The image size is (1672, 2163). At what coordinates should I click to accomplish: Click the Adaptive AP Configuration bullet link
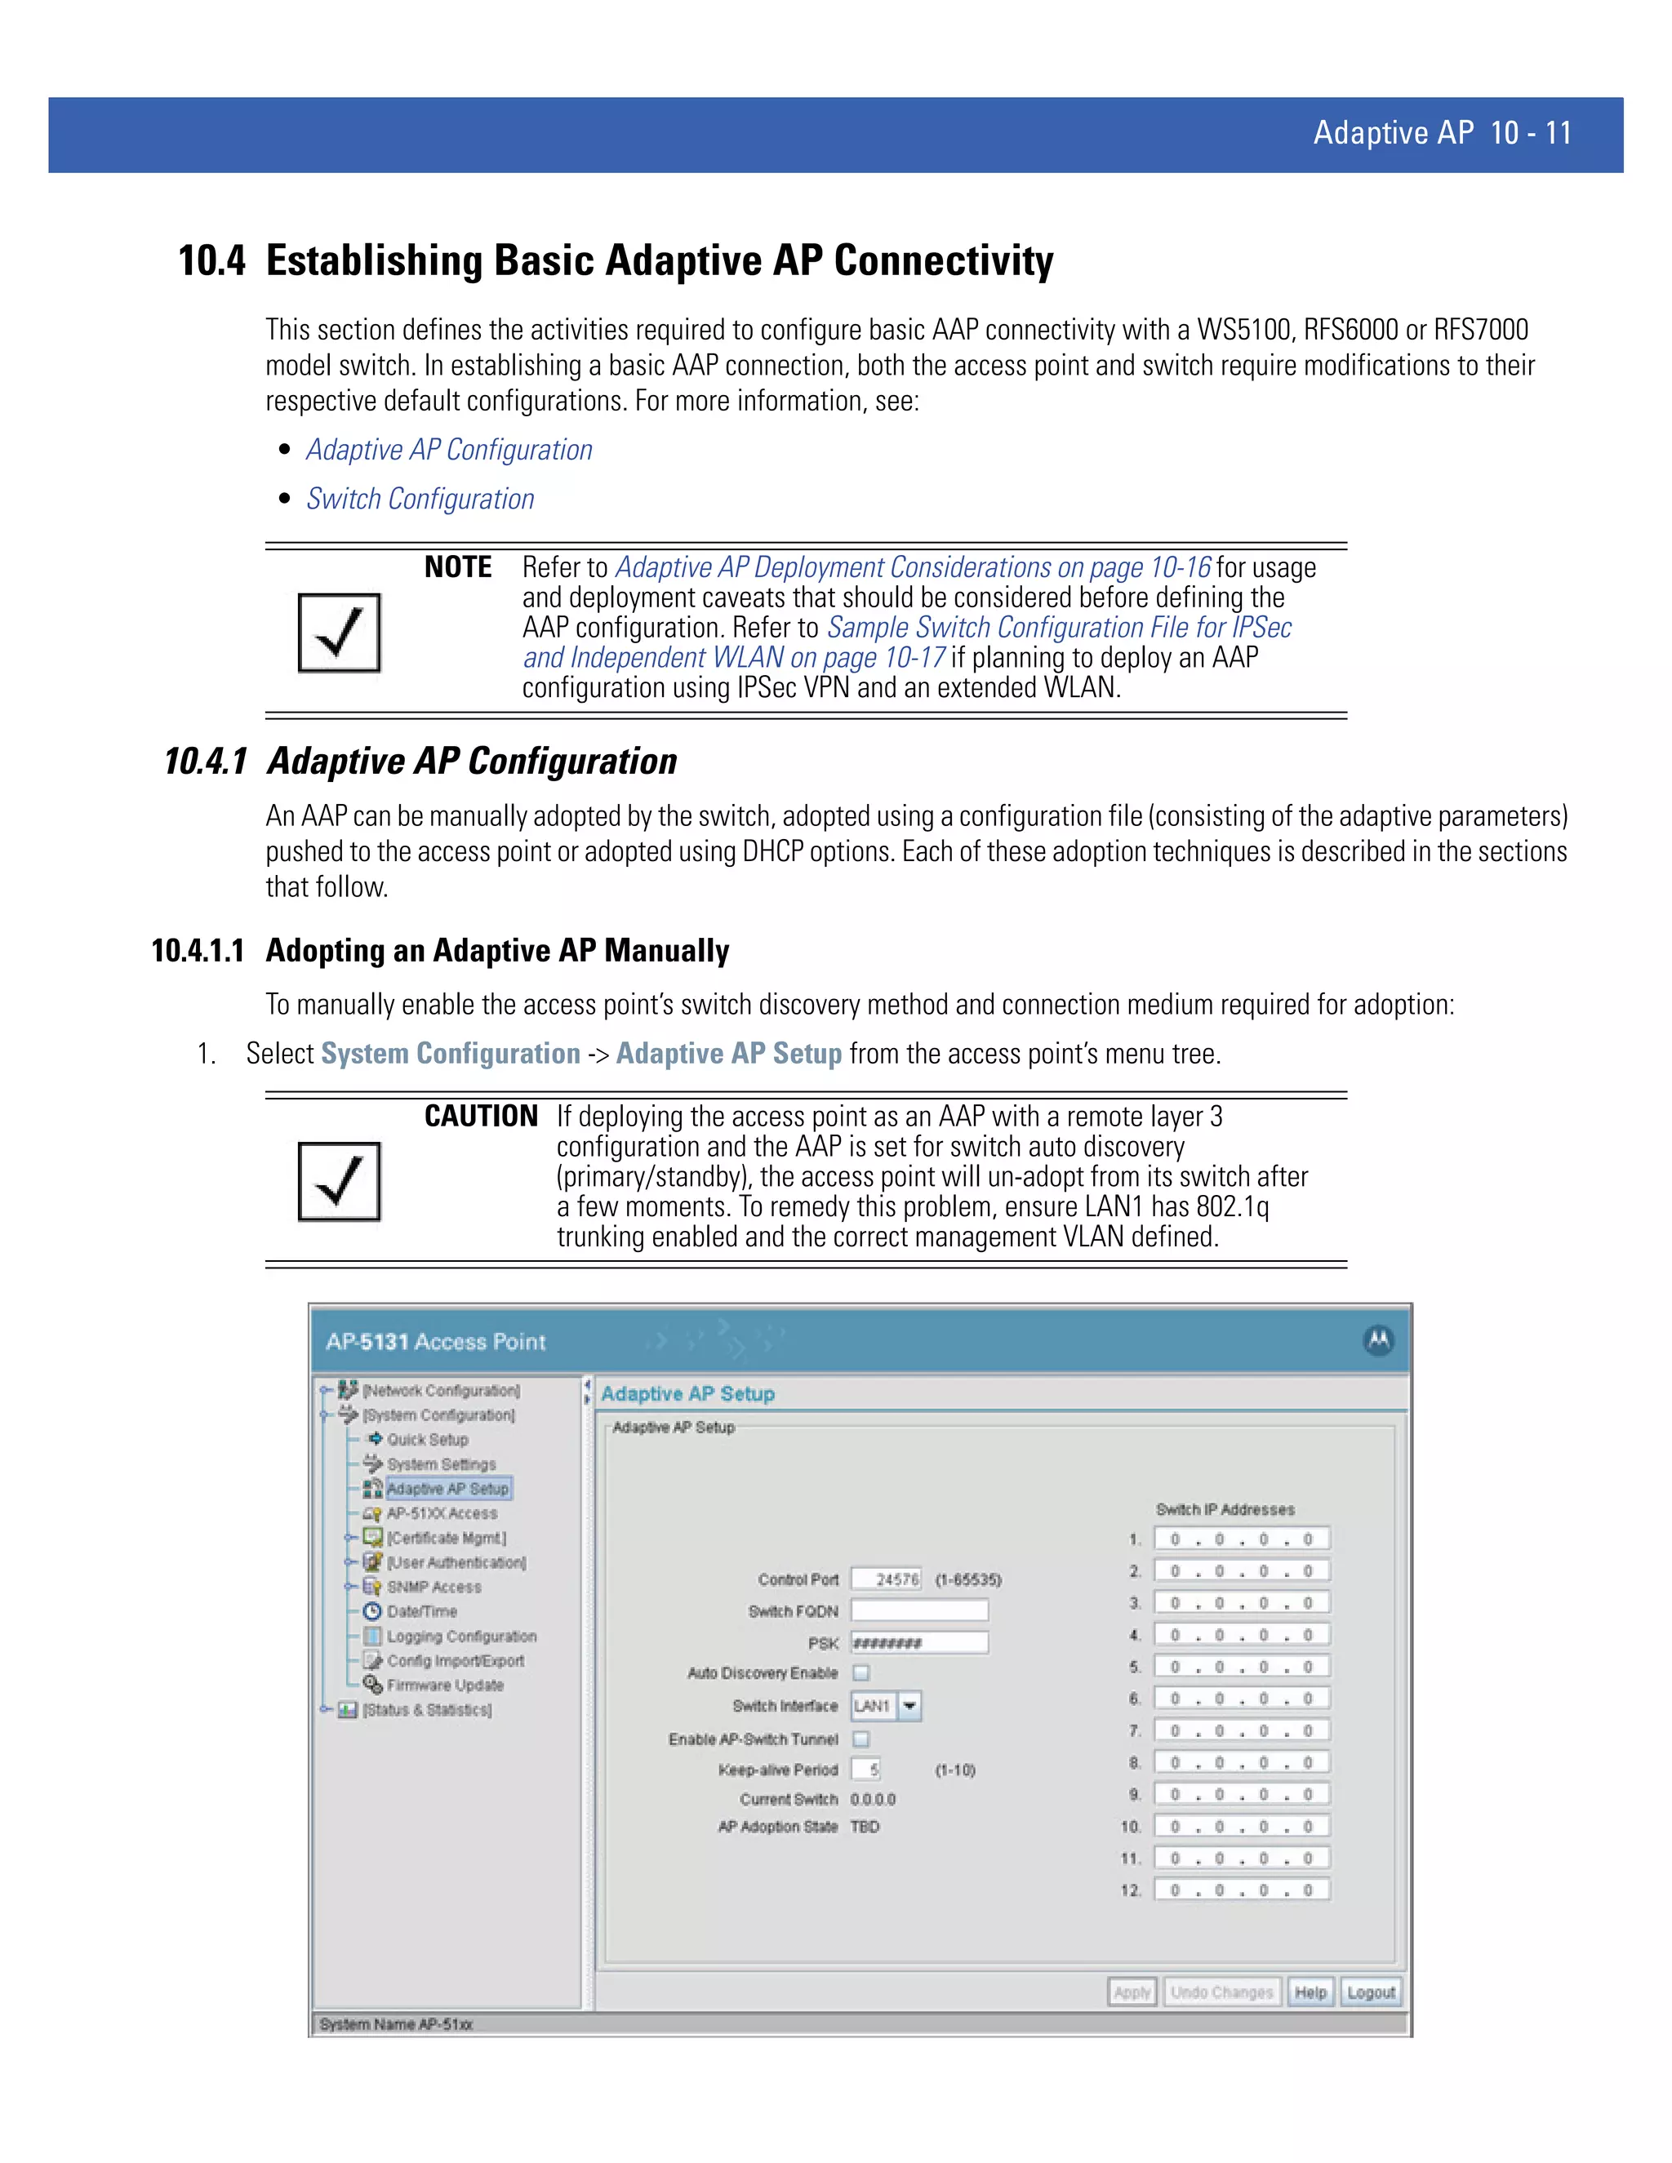click(x=449, y=450)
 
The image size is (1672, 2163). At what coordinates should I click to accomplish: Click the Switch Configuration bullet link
click(x=420, y=500)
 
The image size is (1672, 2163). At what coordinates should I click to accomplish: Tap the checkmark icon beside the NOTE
click(x=339, y=633)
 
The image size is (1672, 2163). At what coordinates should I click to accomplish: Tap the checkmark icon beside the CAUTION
click(x=339, y=1182)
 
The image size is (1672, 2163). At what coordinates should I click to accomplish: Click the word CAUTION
click(x=480, y=1116)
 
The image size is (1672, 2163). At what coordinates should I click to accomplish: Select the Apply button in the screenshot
click(x=1132, y=1992)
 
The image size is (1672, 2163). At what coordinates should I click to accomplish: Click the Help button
click(x=1310, y=1992)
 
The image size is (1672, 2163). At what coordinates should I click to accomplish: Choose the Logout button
click(x=1371, y=1992)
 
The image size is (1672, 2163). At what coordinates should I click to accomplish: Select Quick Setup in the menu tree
click(x=427, y=1439)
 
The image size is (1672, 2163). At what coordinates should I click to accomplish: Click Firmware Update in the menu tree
click(x=445, y=1685)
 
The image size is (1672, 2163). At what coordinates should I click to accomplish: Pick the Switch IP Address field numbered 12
click(x=1241, y=1890)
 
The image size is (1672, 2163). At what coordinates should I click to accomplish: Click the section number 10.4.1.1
click(x=197, y=951)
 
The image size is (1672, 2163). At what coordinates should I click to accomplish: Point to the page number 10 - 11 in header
click(x=1531, y=134)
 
